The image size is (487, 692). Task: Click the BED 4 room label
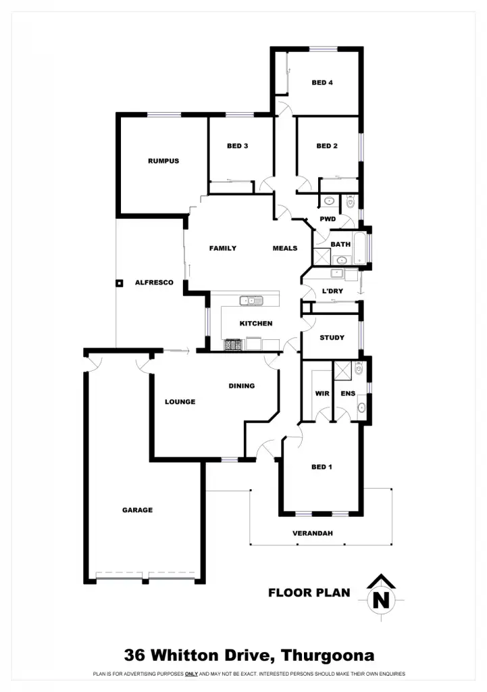(322, 83)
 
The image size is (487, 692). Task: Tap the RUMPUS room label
(163, 161)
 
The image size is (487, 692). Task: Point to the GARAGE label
(137, 510)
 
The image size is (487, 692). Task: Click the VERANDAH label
(313, 533)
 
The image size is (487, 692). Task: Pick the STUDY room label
(332, 337)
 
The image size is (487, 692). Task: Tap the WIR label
(322, 393)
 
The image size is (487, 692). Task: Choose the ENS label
(348, 393)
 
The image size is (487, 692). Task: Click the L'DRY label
(332, 291)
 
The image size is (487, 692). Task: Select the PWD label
(328, 219)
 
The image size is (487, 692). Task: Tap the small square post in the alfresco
(119, 283)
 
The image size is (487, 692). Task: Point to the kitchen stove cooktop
(233, 345)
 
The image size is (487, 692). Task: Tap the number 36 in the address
(136, 655)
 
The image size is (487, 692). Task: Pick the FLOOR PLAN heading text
(309, 593)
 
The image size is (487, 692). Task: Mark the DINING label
(241, 386)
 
